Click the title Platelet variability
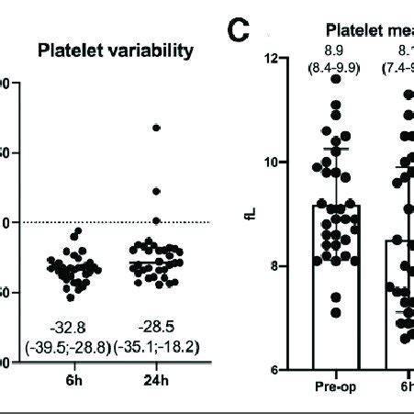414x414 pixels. [x=115, y=50]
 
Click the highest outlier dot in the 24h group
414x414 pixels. [x=157, y=128]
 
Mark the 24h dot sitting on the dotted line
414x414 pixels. [x=157, y=221]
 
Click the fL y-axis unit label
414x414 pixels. [x=248, y=215]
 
